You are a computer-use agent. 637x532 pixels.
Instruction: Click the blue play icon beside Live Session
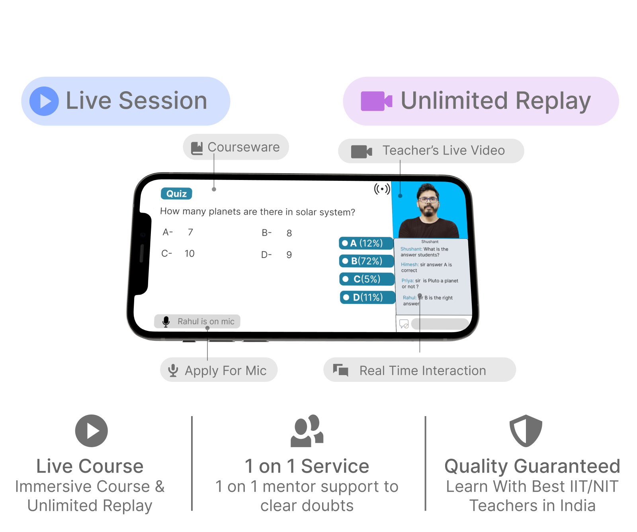click(x=44, y=101)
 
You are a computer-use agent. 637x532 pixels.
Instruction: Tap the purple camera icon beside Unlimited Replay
click(x=376, y=101)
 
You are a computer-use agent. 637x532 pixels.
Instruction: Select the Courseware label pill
click(x=236, y=147)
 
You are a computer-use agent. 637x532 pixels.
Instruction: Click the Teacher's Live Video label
click(x=431, y=151)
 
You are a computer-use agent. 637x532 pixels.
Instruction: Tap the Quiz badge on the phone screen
click(x=176, y=194)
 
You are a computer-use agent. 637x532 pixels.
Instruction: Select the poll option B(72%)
click(x=367, y=261)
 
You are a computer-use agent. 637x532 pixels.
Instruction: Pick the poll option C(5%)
click(x=367, y=279)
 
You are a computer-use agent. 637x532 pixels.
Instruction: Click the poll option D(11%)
click(x=368, y=297)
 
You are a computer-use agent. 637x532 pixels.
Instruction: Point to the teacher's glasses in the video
click(x=428, y=199)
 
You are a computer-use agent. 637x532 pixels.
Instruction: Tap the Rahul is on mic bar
click(x=197, y=321)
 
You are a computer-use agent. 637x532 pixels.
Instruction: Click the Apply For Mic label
click(x=219, y=370)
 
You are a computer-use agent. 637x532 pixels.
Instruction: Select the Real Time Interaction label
click(x=420, y=370)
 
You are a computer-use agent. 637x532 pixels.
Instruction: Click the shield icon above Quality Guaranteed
click(x=526, y=431)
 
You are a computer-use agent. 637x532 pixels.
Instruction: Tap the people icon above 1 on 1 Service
click(x=307, y=431)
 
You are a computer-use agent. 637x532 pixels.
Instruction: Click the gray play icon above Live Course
click(x=92, y=431)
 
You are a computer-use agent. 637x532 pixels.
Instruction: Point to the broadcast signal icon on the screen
click(x=382, y=189)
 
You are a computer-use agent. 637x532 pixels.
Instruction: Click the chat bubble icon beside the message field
click(x=404, y=324)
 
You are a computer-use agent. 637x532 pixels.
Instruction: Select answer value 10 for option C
click(x=190, y=254)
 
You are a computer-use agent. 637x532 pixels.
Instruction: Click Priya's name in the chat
click(x=407, y=281)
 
